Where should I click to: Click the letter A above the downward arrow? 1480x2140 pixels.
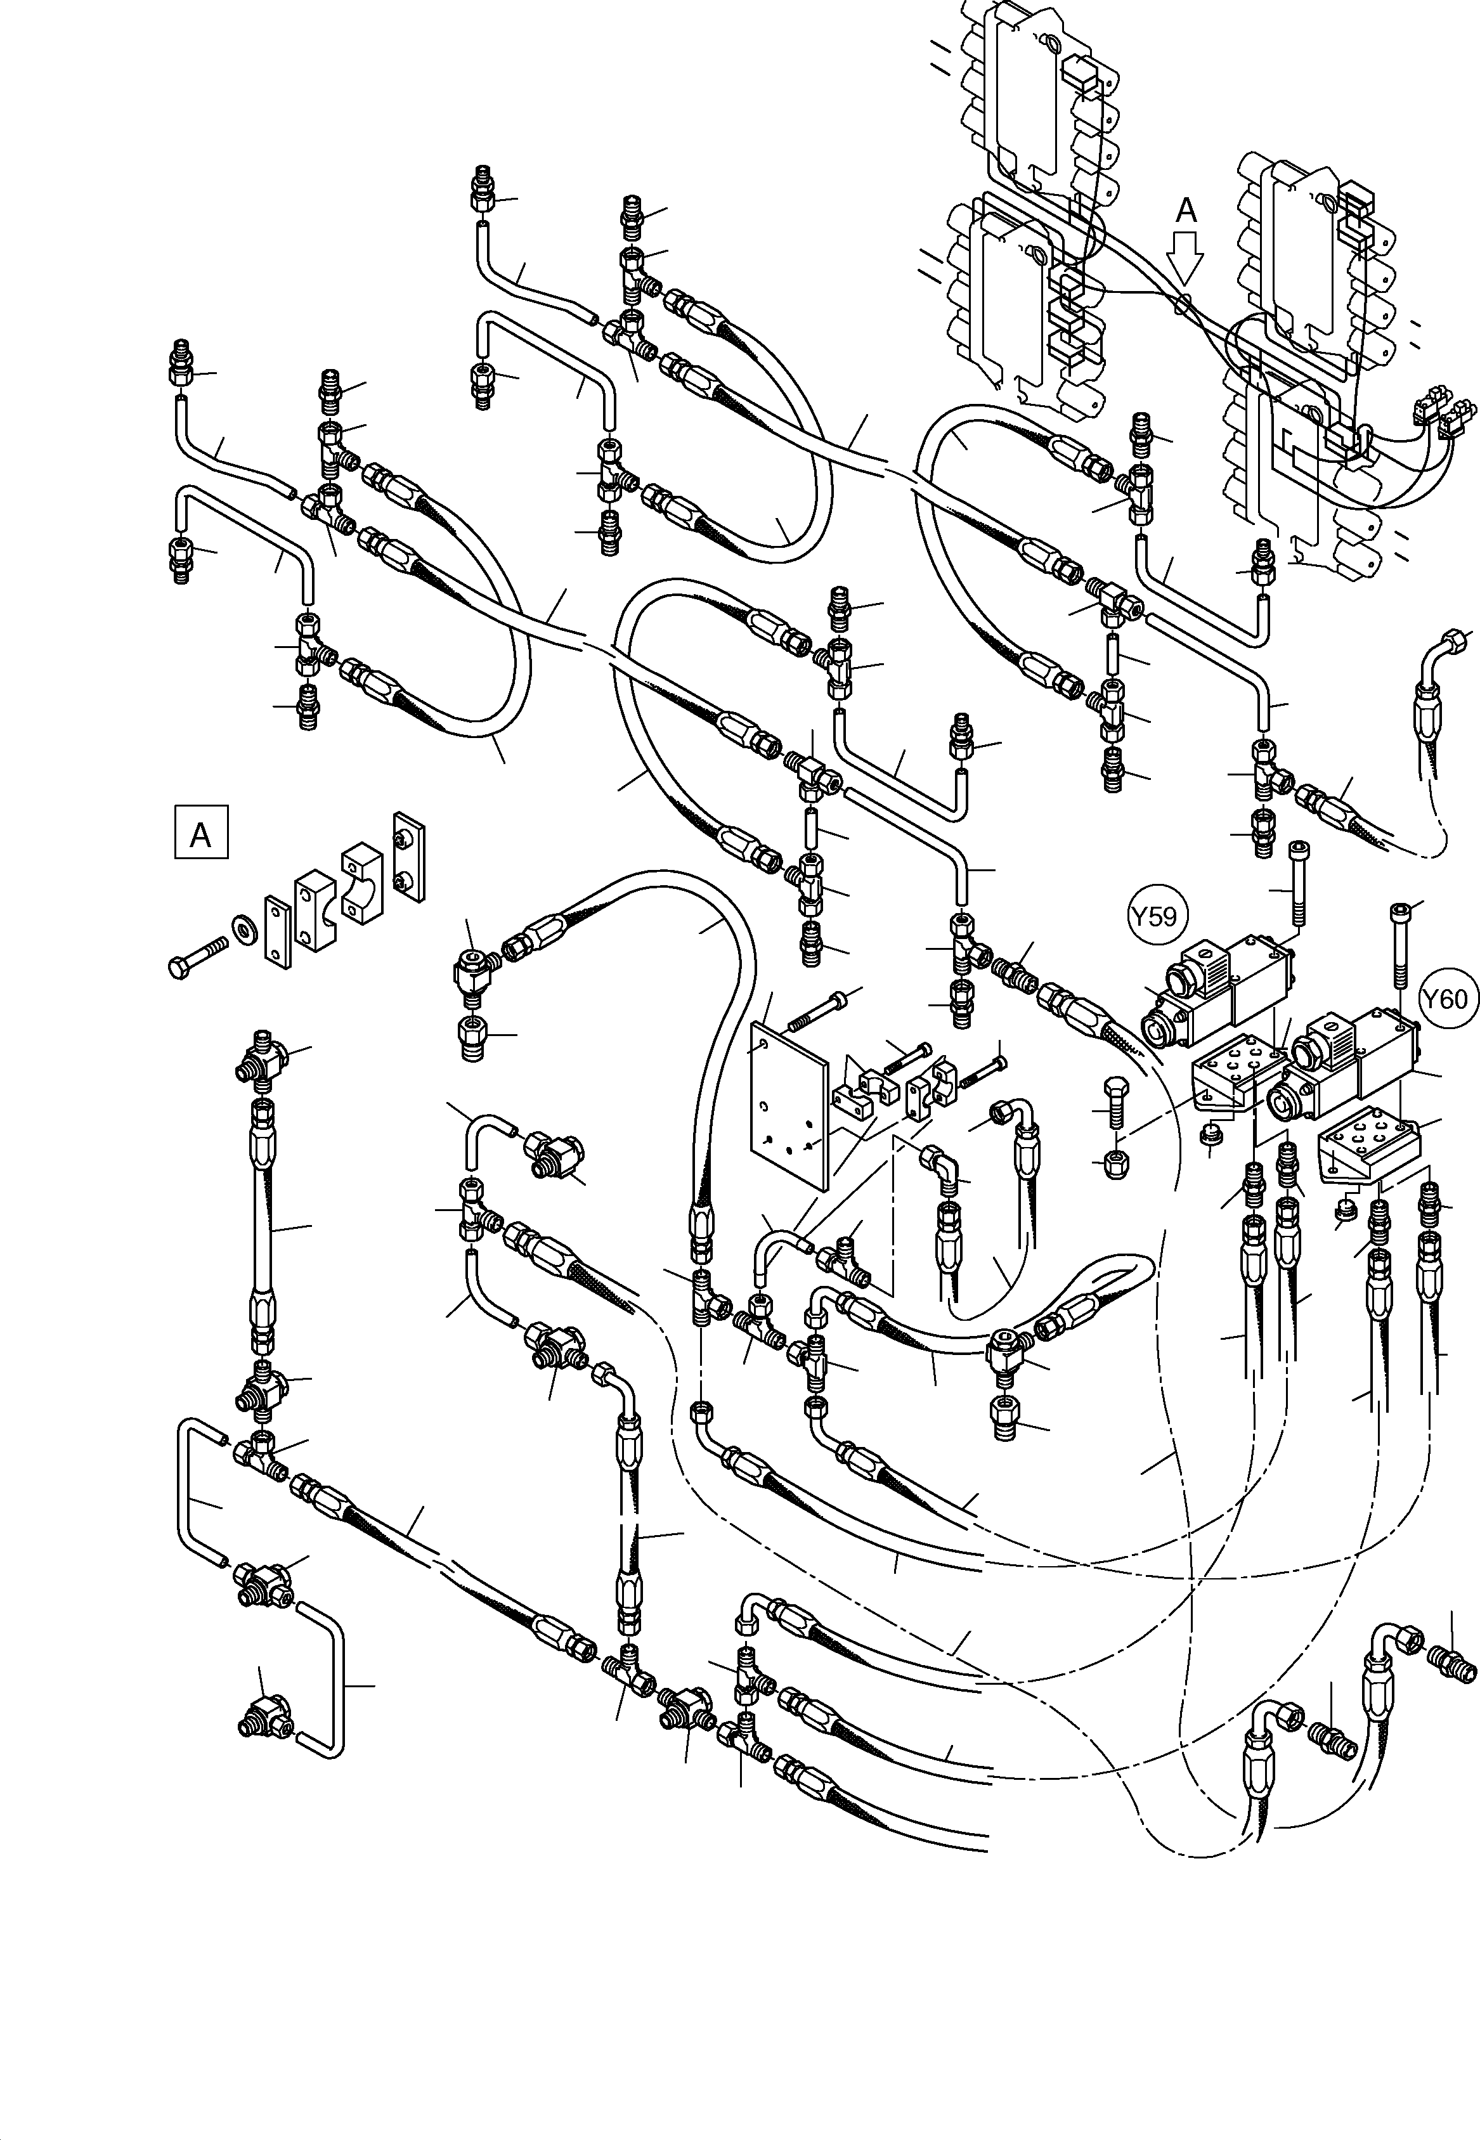(x=1186, y=211)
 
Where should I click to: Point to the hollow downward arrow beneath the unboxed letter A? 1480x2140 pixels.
(x=1186, y=256)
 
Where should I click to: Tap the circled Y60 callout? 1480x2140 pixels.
(x=1444, y=999)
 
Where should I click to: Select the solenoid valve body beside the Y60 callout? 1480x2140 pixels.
(x=1349, y=1061)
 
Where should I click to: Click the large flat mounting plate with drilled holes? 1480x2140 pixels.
(x=788, y=1103)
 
